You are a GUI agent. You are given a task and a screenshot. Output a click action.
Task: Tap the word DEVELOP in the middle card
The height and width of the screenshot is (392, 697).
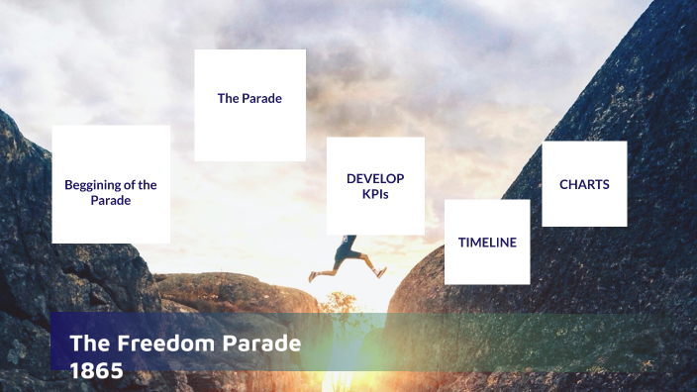pyautogui.click(x=375, y=179)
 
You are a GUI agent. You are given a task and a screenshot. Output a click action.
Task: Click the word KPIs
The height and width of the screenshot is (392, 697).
pyautogui.click(x=375, y=194)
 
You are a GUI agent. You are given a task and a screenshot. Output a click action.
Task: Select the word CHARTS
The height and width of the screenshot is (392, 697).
pyautogui.click(x=584, y=184)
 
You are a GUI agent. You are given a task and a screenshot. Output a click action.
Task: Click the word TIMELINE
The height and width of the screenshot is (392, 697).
pyautogui.click(x=487, y=242)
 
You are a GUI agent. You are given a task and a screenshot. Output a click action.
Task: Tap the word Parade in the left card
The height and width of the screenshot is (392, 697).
pyautogui.click(x=111, y=200)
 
